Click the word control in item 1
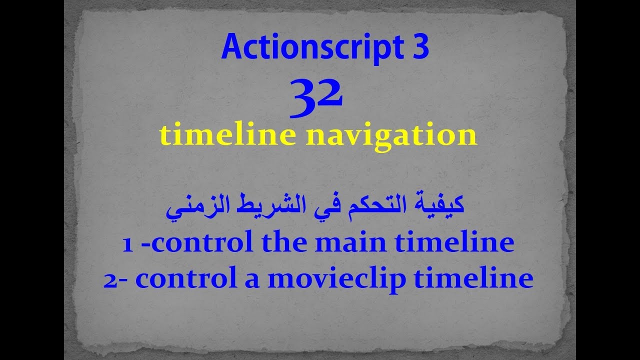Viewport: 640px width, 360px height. click(x=199, y=243)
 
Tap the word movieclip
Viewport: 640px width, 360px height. click(x=336, y=279)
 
